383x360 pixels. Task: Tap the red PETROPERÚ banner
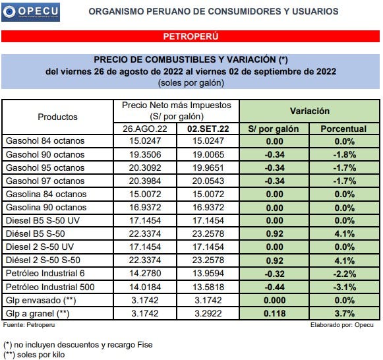tap(191, 36)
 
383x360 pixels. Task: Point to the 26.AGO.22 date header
tap(150, 129)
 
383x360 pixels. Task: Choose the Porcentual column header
tap(343, 129)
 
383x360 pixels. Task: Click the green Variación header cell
tap(309, 111)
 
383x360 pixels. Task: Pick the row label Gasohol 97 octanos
tap(45, 181)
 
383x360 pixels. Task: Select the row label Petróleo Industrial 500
tap(50, 287)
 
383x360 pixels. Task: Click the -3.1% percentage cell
tap(343, 287)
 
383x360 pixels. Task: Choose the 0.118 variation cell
tap(275, 313)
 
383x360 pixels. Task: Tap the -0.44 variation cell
tap(275, 287)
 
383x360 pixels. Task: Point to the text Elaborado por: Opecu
tap(345, 325)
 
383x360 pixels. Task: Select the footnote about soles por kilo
tap(37, 354)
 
